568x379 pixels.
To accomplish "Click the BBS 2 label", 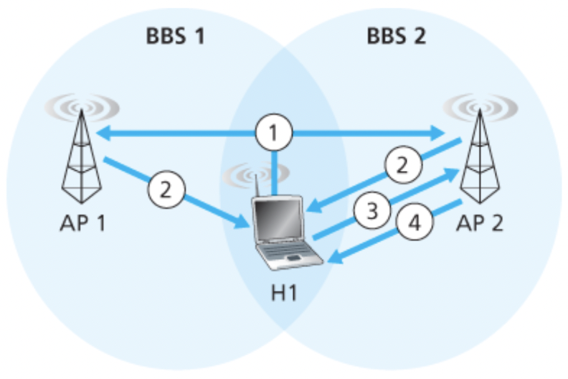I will pyautogui.click(x=397, y=36).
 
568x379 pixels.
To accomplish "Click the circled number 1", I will pyautogui.click(x=273, y=132).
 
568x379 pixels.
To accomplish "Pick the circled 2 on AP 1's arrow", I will pyautogui.click(x=166, y=190).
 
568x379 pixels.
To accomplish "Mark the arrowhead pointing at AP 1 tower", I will pyautogui.click(x=103, y=132).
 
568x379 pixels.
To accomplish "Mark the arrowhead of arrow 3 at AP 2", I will pyautogui.click(x=450, y=172).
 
